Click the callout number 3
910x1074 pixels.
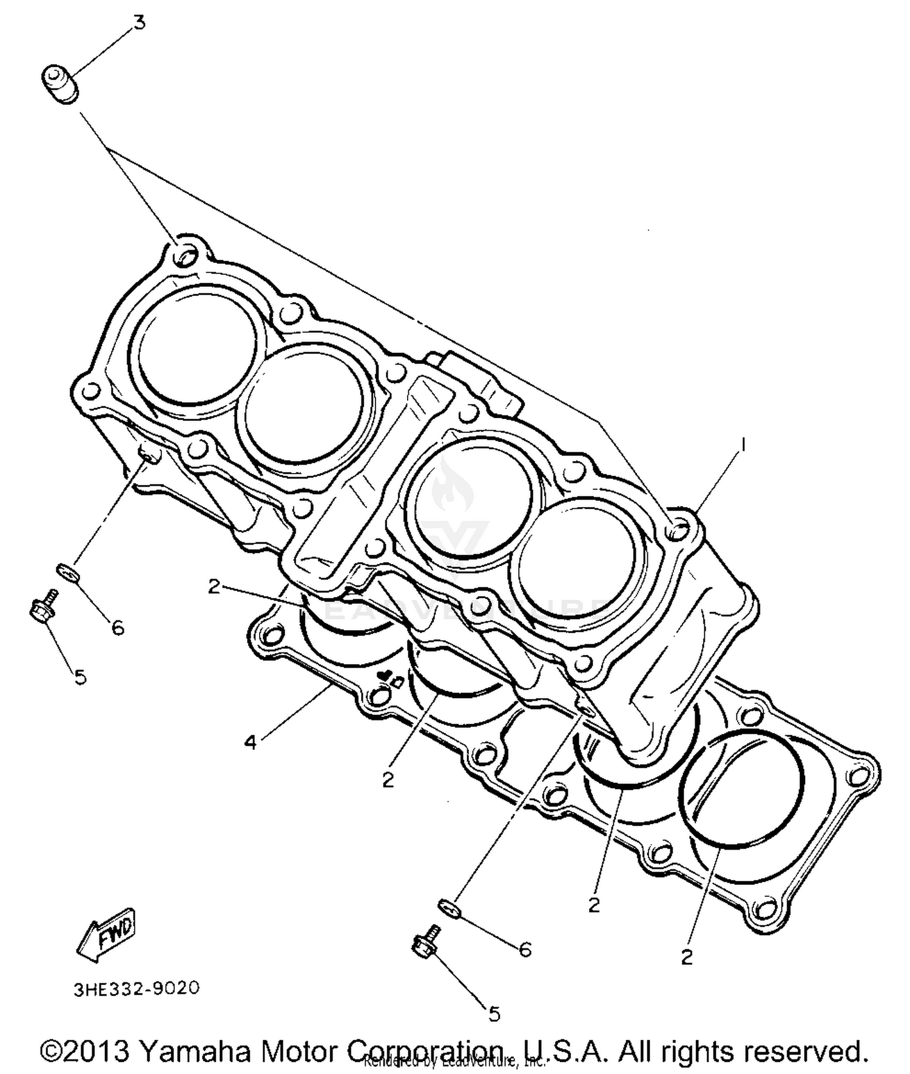140,24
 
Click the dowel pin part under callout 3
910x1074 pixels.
59,84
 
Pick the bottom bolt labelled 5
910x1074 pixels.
425,944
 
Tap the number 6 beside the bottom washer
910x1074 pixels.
525,949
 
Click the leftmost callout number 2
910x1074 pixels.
214,586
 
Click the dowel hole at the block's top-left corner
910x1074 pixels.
184,257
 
